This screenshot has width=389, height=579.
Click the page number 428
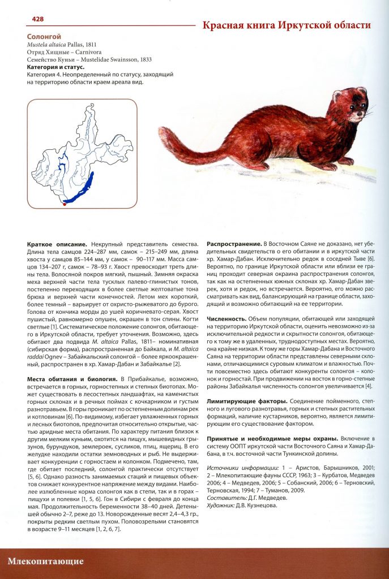tap(37, 19)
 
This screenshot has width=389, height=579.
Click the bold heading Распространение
tap(234, 243)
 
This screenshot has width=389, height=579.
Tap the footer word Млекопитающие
tap(46, 561)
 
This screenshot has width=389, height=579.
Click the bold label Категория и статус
tap(55, 67)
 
